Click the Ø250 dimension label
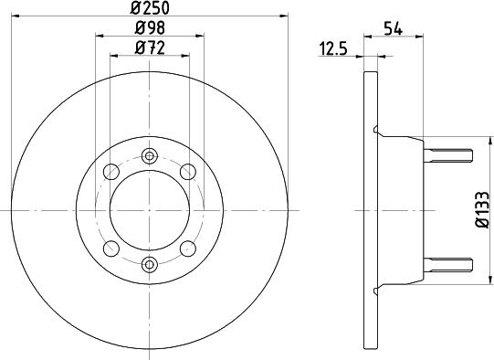(150, 7)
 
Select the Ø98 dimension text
(150, 28)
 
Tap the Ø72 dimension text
(150, 48)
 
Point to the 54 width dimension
(394, 29)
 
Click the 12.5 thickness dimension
(333, 49)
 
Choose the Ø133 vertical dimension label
(482, 209)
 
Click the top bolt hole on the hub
(150, 155)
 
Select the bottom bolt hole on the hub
(150, 264)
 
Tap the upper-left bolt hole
(111, 172)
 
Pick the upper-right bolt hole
(188, 172)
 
